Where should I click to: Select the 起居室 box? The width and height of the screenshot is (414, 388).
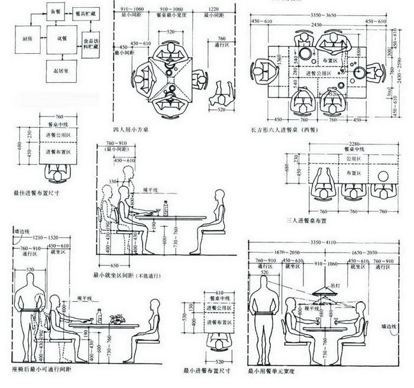click(61, 72)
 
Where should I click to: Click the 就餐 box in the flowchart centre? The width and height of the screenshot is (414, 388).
click(61, 39)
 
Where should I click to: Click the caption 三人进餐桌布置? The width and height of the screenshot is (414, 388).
click(307, 220)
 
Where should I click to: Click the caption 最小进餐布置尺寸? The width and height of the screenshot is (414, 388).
click(206, 371)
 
